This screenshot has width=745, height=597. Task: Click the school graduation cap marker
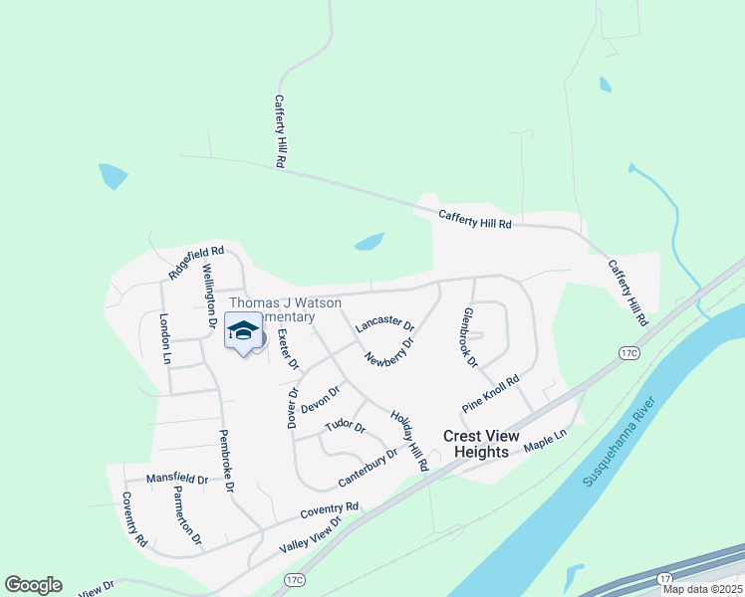point(243,332)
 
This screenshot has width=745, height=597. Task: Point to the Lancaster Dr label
point(383,322)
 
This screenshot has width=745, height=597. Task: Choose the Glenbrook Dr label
point(469,336)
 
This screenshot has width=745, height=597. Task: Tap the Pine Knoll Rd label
point(491,394)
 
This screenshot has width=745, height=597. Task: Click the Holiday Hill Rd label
point(409,441)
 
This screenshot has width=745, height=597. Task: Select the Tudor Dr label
point(345,427)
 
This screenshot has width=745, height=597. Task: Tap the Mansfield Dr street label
point(176,479)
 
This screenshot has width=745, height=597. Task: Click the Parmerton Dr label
point(186,516)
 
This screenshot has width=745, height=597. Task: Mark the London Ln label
point(165,337)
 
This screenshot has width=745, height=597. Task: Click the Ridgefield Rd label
point(196,263)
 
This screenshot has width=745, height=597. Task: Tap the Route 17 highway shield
point(664,577)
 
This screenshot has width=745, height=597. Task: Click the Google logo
point(33,585)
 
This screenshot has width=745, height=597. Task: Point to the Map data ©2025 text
point(702,589)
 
